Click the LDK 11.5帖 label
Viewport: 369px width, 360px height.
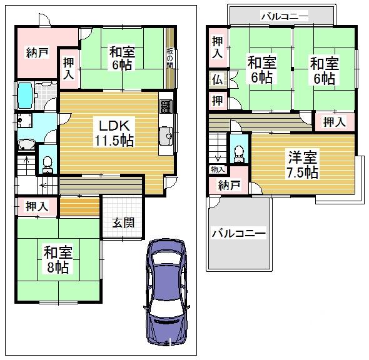coord(113,132)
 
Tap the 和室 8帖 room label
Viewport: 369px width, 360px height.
coord(58,260)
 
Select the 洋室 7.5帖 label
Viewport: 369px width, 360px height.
coord(303,164)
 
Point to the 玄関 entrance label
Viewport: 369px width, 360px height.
coord(122,222)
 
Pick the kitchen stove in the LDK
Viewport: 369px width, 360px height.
coord(165,106)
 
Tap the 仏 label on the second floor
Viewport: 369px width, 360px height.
coord(216,79)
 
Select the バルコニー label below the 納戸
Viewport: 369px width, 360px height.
coord(238,234)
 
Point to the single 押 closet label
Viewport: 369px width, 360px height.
coord(216,99)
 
